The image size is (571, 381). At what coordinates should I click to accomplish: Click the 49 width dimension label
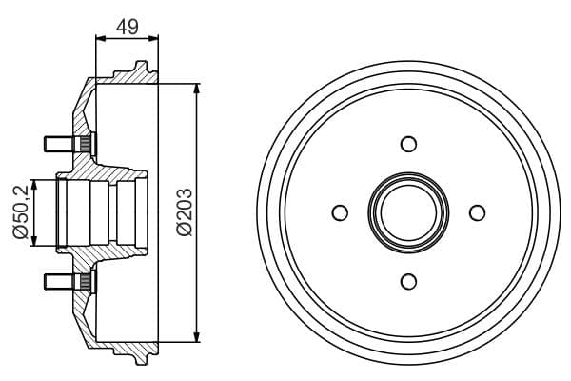[127, 27]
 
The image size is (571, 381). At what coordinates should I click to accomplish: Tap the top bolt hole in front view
[409, 144]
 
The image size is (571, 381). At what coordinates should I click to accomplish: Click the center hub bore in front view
[409, 211]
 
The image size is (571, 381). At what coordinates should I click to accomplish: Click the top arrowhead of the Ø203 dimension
[197, 89]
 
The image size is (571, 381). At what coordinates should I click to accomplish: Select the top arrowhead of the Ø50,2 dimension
[35, 183]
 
